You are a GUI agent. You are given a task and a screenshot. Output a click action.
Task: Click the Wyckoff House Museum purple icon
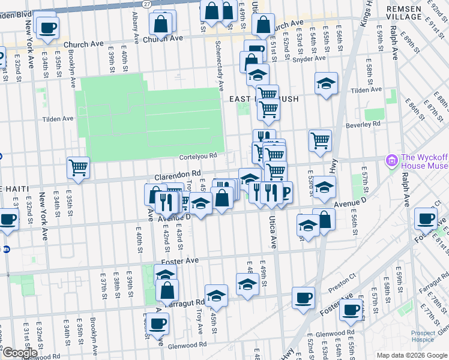(393, 161)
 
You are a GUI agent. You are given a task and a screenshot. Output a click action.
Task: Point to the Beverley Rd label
(363, 124)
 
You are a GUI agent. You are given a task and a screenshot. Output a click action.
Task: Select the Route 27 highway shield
(147, 4)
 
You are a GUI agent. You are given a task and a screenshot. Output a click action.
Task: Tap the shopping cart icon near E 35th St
(78, 167)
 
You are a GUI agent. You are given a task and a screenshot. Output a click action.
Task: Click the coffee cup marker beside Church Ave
(47, 26)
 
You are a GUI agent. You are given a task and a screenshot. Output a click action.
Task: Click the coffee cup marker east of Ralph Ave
(426, 218)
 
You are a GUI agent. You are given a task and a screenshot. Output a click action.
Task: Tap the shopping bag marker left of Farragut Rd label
(167, 290)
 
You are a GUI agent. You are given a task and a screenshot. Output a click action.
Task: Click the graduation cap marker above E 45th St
(216, 295)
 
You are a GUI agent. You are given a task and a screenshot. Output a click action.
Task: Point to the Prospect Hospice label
(427, 336)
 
